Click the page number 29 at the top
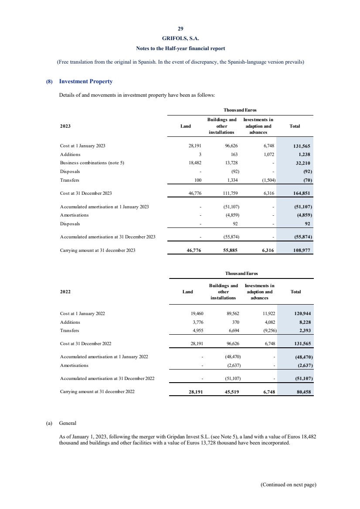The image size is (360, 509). coord(180,29)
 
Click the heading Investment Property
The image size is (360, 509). coord(85,81)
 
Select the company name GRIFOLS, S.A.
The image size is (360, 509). coord(180,38)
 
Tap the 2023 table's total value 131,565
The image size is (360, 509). coord(301,146)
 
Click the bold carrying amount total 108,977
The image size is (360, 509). coord(301,251)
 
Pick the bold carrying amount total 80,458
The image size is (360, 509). coord(302,391)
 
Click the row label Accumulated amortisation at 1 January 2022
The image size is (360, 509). coord(104,356)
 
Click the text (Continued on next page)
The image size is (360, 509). coord(288,485)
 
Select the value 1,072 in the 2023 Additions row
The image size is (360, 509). coord(266,154)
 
